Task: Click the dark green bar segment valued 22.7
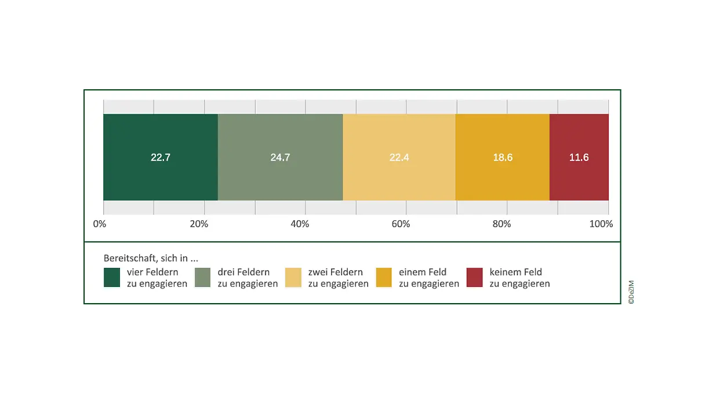pyautogui.click(x=161, y=157)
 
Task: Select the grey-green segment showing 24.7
pyautogui.click(x=280, y=157)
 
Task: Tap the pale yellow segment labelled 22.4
pyautogui.click(x=399, y=157)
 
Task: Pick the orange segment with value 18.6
pyautogui.click(x=502, y=157)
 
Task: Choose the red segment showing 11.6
pyautogui.click(x=579, y=157)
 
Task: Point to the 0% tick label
pyautogui.click(x=100, y=224)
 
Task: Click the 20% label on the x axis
pyautogui.click(x=199, y=224)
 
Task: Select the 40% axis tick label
pyautogui.click(x=300, y=224)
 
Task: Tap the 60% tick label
pyautogui.click(x=401, y=224)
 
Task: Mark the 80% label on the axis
pyautogui.click(x=502, y=224)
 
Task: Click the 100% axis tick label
pyautogui.click(x=601, y=224)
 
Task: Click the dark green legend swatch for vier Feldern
pyautogui.click(x=112, y=277)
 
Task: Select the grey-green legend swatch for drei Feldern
pyautogui.click(x=203, y=277)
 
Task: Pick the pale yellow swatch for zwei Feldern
pyautogui.click(x=294, y=277)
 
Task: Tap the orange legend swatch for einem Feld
pyautogui.click(x=384, y=277)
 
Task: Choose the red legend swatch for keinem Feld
pyautogui.click(x=475, y=277)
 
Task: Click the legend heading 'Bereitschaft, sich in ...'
pyautogui.click(x=151, y=258)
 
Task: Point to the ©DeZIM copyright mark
pyautogui.click(x=631, y=292)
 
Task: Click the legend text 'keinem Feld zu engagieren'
pyautogui.click(x=519, y=278)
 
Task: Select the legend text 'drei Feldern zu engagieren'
pyautogui.click(x=248, y=278)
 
